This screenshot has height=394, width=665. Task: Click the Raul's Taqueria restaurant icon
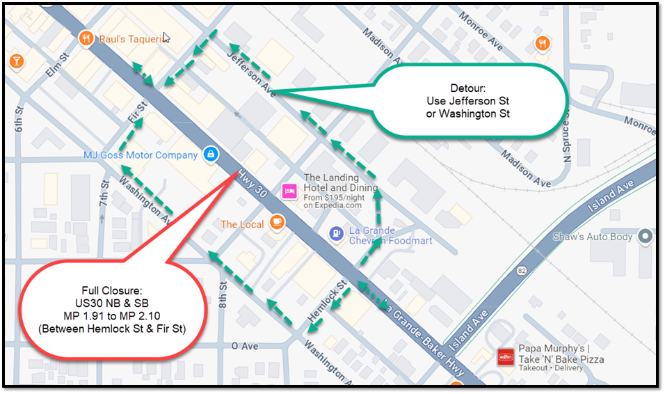[x=87, y=39]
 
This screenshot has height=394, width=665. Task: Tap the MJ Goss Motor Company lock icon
[x=211, y=155]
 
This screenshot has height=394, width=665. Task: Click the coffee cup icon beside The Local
[x=277, y=223]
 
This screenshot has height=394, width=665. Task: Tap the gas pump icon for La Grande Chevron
[x=337, y=233]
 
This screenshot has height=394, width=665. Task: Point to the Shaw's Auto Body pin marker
[x=646, y=237]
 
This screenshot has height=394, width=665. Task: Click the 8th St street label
[x=223, y=294]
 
